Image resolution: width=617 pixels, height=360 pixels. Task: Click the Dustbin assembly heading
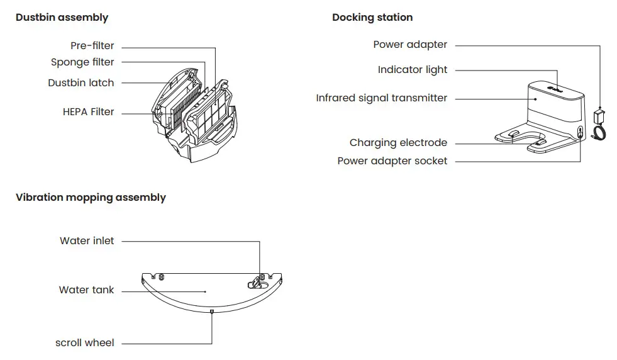pyautogui.click(x=62, y=18)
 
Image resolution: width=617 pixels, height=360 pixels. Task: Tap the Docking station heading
pyautogui.click(x=372, y=18)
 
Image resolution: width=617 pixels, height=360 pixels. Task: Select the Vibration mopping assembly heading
pyautogui.click(x=91, y=198)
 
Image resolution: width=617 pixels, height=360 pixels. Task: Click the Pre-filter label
pyautogui.click(x=92, y=46)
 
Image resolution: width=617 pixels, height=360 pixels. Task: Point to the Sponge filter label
pyautogui.click(x=82, y=62)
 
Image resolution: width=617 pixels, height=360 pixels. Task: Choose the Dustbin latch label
pyautogui.click(x=81, y=83)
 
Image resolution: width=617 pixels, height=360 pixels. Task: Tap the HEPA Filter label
pyautogui.click(x=89, y=112)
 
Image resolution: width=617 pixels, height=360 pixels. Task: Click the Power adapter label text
pyautogui.click(x=410, y=45)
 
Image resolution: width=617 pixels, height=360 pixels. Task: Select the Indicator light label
pyautogui.click(x=413, y=70)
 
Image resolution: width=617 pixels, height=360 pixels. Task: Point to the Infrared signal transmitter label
pyautogui.click(x=382, y=98)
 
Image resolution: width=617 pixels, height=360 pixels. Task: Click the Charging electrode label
pyautogui.click(x=398, y=143)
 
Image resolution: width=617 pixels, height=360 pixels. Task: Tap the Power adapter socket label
pyautogui.click(x=392, y=161)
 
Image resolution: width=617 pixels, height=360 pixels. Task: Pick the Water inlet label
pyautogui.click(x=87, y=241)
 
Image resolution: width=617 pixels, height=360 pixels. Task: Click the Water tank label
pyautogui.click(x=87, y=290)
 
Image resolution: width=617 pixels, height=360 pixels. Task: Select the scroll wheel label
pyautogui.click(x=85, y=343)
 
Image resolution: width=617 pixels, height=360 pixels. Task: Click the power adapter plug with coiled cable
pyautogui.click(x=600, y=123)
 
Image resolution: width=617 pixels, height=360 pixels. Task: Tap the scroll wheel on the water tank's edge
pyautogui.click(x=212, y=310)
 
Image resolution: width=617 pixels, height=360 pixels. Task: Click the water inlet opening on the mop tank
pyautogui.click(x=260, y=278)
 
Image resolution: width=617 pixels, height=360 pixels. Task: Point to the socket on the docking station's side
pyautogui.click(x=579, y=132)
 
